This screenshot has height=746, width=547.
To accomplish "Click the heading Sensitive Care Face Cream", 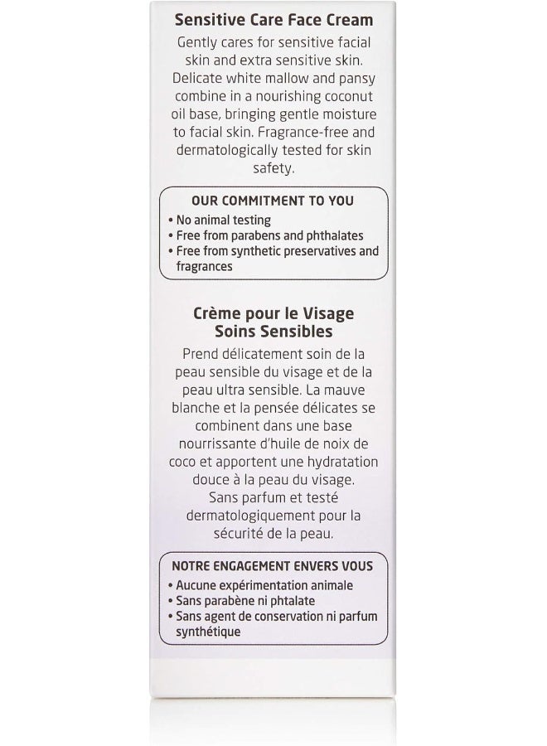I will point(273,19).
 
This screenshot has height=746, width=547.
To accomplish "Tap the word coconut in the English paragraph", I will point(356,96).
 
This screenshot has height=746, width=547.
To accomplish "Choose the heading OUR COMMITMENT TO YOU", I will point(273,201).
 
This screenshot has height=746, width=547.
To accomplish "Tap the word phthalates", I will point(329,235).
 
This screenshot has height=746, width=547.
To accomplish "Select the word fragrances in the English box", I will point(204,267).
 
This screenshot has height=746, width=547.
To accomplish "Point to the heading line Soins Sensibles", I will point(273,332).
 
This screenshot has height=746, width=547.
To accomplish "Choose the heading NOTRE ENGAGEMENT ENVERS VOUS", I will point(273,567).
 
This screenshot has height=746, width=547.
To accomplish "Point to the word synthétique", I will point(208,632).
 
